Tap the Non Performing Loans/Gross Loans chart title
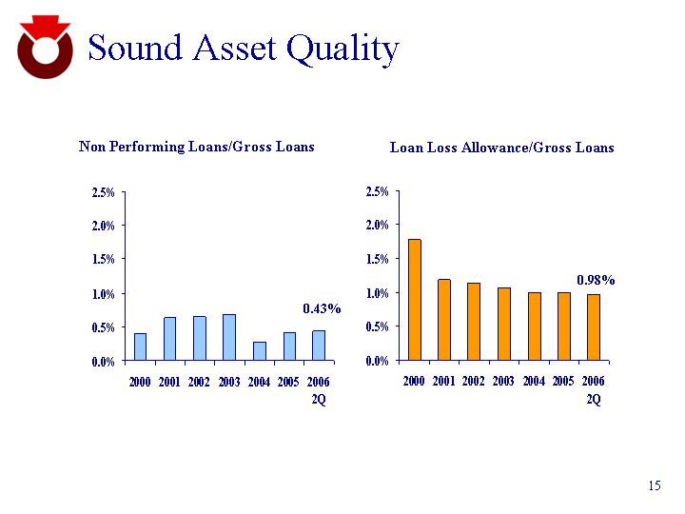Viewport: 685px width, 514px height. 196,147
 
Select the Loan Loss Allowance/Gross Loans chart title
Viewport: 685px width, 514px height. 501,148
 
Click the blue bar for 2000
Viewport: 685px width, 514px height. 140,347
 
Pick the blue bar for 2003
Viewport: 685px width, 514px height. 228,338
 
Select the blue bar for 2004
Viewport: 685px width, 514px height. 259,351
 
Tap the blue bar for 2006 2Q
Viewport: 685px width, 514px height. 319,346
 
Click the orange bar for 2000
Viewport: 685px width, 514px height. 414,300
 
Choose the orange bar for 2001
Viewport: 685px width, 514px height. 444,320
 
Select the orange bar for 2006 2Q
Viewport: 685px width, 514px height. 593,327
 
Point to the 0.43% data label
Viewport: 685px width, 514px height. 322,308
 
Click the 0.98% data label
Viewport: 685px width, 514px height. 596,280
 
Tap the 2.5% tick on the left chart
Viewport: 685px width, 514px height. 103,192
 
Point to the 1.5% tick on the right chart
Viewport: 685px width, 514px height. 378,259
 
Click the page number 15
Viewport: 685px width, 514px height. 654,486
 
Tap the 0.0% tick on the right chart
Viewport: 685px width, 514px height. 378,361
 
